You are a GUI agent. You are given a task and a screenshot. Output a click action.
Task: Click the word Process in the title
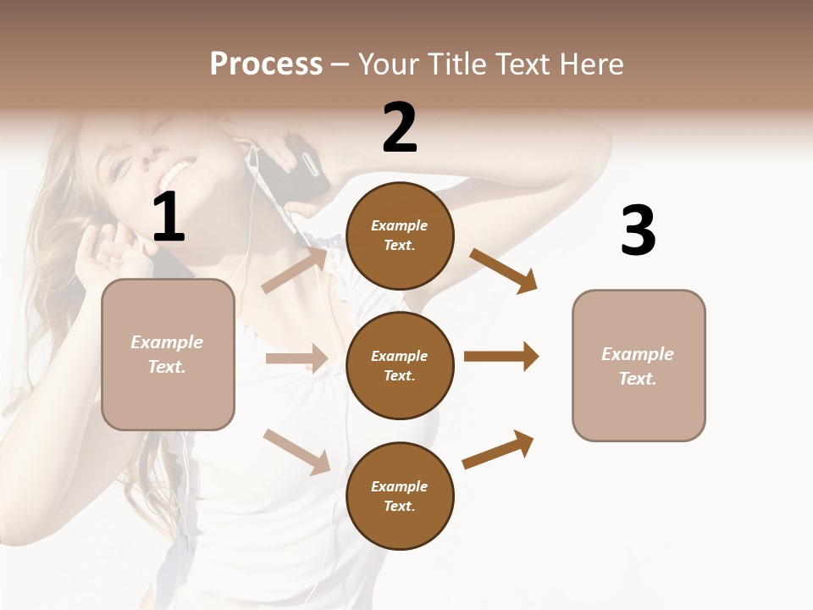pyautogui.click(x=266, y=64)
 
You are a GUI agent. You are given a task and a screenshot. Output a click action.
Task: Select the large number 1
pyautogui.click(x=169, y=218)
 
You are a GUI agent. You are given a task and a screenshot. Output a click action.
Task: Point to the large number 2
pyautogui.click(x=400, y=128)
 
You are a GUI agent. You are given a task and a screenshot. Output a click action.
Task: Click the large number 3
pyautogui.click(x=638, y=230)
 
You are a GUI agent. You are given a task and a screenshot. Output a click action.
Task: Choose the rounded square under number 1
pyautogui.click(x=168, y=354)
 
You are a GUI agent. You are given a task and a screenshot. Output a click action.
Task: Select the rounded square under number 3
pyautogui.click(x=639, y=366)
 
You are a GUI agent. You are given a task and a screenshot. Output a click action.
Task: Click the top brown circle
pyautogui.click(x=400, y=236)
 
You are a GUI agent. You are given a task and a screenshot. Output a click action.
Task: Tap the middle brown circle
pyautogui.click(x=400, y=365)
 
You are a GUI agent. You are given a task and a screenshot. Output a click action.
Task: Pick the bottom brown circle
pyautogui.click(x=400, y=496)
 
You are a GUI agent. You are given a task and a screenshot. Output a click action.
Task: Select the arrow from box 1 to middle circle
pyautogui.click(x=296, y=358)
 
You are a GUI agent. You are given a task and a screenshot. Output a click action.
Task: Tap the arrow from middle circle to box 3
pyautogui.click(x=501, y=357)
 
